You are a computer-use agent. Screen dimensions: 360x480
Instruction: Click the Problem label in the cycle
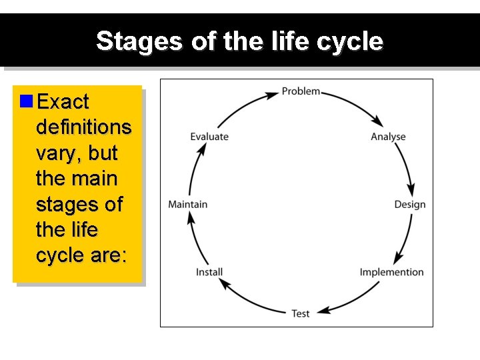tap(301, 91)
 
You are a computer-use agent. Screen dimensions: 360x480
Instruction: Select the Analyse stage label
tap(388, 137)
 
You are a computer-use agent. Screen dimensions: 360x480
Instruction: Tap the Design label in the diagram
tap(409, 204)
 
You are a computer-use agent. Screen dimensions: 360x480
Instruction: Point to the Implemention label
tap(391, 272)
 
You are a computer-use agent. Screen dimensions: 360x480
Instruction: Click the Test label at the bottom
tap(301, 313)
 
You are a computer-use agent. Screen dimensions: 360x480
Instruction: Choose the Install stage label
tap(209, 272)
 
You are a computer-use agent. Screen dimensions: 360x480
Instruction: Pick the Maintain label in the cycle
tap(188, 204)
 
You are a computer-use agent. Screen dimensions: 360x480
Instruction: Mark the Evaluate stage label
tap(209, 137)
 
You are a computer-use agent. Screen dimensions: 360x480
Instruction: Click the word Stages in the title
tap(137, 41)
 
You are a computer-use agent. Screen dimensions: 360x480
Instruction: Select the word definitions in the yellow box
tap(84, 127)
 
